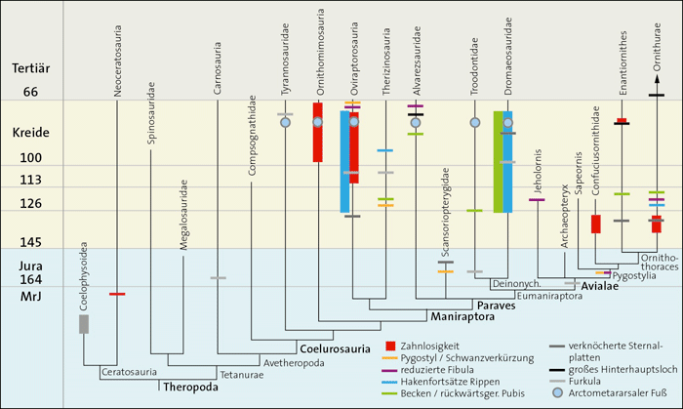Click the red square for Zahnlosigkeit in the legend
tap(391, 346)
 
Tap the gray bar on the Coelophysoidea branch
tap(84, 324)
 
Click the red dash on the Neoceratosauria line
tap(117, 293)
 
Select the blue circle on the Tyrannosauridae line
tap(286, 122)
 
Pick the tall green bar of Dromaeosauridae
tap(499, 162)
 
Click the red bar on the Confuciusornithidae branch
tap(595, 224)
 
